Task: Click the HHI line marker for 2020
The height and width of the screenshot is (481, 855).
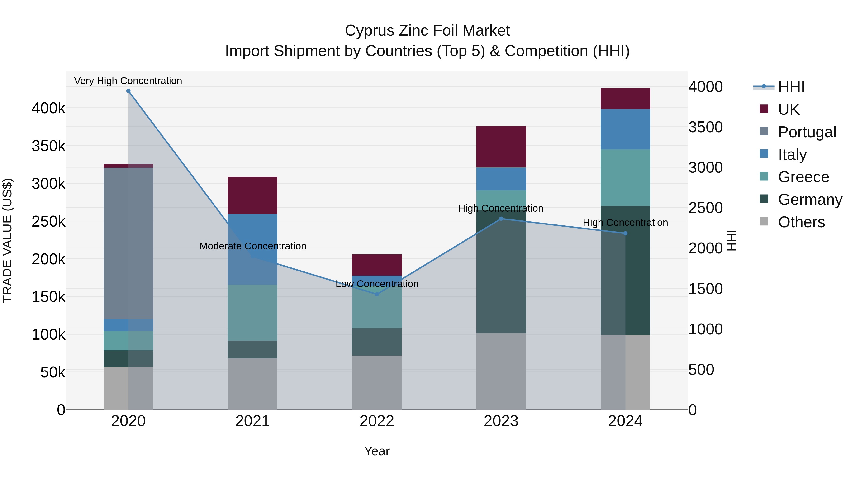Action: [128, 91]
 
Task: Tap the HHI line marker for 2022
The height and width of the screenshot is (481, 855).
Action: [377, 294]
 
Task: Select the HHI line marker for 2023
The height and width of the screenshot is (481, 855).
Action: [501, 219]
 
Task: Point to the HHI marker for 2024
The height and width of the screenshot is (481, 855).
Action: [625, 233]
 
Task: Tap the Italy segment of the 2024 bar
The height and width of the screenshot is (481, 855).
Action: [625, 129]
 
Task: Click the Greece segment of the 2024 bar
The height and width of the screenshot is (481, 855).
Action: [625, 178]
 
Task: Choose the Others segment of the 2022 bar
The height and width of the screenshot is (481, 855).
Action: [377, 382]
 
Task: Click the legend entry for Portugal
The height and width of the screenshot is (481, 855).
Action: [807, 132]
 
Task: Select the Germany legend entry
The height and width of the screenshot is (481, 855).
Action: [810, 200]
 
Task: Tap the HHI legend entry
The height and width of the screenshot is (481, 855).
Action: [791, 87]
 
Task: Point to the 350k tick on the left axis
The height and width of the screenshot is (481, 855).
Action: [48, 146]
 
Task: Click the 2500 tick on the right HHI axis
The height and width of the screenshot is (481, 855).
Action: [706, 208]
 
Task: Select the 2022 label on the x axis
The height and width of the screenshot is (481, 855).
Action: [377, 421]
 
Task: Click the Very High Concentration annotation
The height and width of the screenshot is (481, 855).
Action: [128, 81]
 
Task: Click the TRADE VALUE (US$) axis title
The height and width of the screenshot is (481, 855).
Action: [7, 240]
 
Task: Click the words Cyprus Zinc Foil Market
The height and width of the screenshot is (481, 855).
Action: [427, 31]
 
